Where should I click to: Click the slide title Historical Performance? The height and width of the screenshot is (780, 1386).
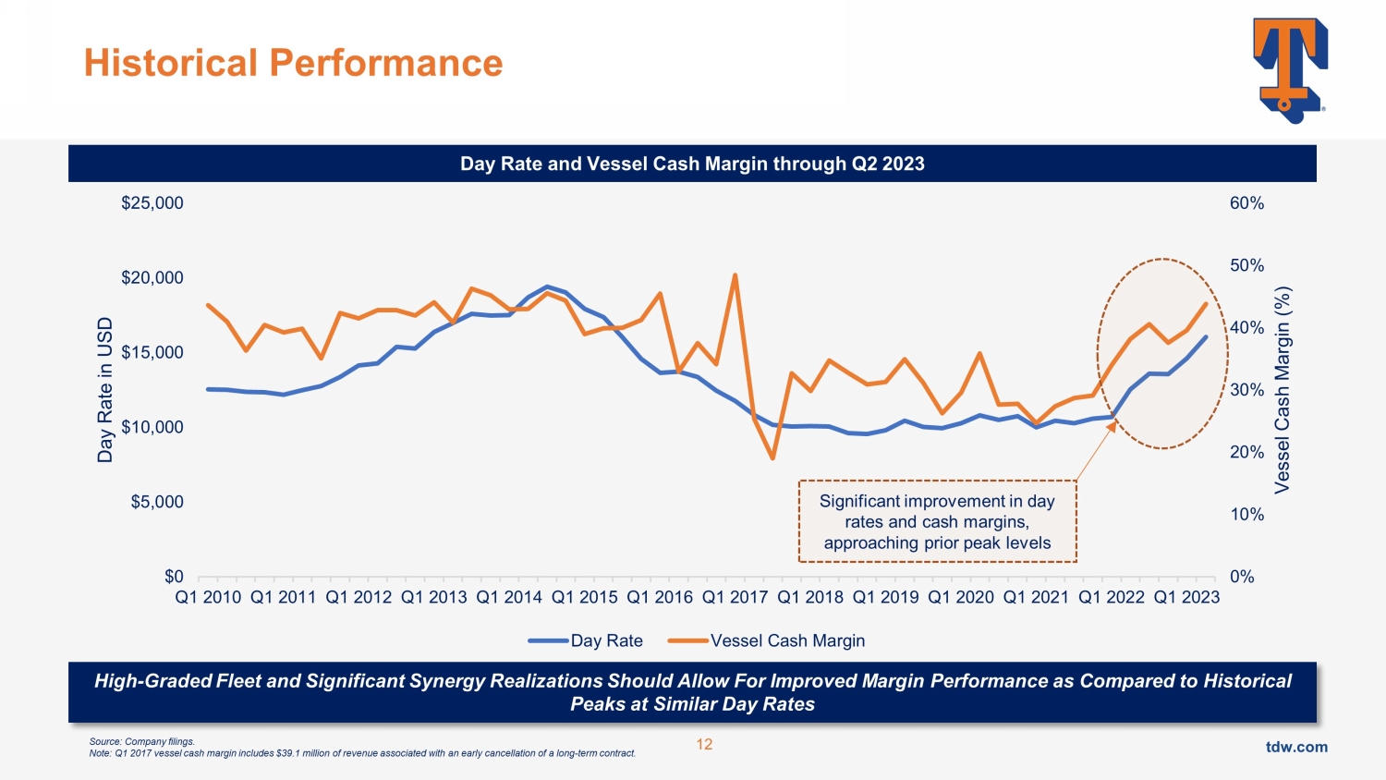(x=293, y=63)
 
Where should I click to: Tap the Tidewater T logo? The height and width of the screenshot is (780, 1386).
(x=1289, y=69)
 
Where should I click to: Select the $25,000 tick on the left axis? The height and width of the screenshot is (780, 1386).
(x=152, y=203)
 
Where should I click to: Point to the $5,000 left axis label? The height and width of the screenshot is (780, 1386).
(x=157, y=502)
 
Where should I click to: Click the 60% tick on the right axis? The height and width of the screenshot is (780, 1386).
(x=1246, y=203)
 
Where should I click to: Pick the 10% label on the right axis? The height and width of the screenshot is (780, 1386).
(x=1246, y=515)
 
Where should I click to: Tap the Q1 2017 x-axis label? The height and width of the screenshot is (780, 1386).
(x=735, y=597)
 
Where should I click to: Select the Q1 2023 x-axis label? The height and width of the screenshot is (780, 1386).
(x=1186, y=597)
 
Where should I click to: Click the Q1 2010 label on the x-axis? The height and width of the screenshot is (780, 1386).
(x=208, y=597)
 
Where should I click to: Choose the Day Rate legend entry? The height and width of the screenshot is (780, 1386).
(x=586, y=640)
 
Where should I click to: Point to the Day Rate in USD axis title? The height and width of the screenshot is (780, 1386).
(x=105, y=389)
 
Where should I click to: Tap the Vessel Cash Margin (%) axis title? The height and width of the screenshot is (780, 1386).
(x=1282, y=389)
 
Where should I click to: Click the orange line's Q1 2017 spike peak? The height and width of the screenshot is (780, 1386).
(x=735, y=274)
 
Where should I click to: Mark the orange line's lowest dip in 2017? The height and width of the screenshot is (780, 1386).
(x=772, y=458)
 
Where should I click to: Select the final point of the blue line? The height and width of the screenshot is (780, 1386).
(x=1206, y=336)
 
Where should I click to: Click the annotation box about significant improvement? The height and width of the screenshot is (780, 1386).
(x=937, y=521)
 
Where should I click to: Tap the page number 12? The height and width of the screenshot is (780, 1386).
(x=704, y=745)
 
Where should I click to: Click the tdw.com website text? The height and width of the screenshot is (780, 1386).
(x=1295, y=747)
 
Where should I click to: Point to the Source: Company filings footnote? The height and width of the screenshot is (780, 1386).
(x=142, y=741)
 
